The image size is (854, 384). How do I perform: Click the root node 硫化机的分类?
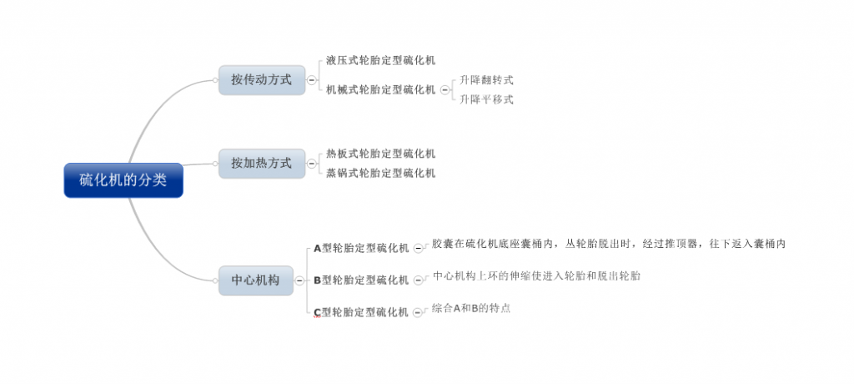pyautogui.click(x=123, y=180)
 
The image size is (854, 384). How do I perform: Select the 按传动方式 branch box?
pyautogui.click(x=262, y=80)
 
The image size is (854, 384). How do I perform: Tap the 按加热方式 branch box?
pyautogui.click(x=262, y=163)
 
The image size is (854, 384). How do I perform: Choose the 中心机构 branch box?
pyautogui.click(x=256, y=280)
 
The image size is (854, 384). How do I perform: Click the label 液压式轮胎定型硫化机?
pyautogui.click(x=380, y=61)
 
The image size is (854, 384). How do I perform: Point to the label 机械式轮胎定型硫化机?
pyautogui.click(x=380, y=90)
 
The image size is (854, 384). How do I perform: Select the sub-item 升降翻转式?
pyautogui.click(x=486, y=80)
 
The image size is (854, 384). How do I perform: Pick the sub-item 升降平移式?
pyautogui.click(x=486, y=100)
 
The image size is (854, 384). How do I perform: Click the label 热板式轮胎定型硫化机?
pyautogui.click(x=380, y=154)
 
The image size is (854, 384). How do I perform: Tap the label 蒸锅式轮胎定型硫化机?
pyautogui.click(x=380, y=174)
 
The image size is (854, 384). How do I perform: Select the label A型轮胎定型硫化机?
pyautogui.click(x=361, y=248)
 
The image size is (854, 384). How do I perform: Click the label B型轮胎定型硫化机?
pyautogui.click(x=361, y=280)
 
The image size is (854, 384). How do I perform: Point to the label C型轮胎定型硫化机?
pyautogui.click(x=361, y=312)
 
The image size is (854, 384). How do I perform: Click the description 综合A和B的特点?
pyautogui.click(x=471, y=308)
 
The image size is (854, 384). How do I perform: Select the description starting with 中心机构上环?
pyautogui.click(x=536, y=276)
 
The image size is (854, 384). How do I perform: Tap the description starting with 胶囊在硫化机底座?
pyautogui.click(x=609, y=244)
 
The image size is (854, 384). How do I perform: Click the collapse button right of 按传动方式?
pyautogui.click(x=312, y=80)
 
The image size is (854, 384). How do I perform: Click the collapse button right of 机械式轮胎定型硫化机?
pyautogui.click(x=445, y=90)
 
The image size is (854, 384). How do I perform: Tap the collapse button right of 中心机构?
pyautogui.click(x=299, y=281)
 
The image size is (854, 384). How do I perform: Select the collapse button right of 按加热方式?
pyautogui.click(x=312, y=164)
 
